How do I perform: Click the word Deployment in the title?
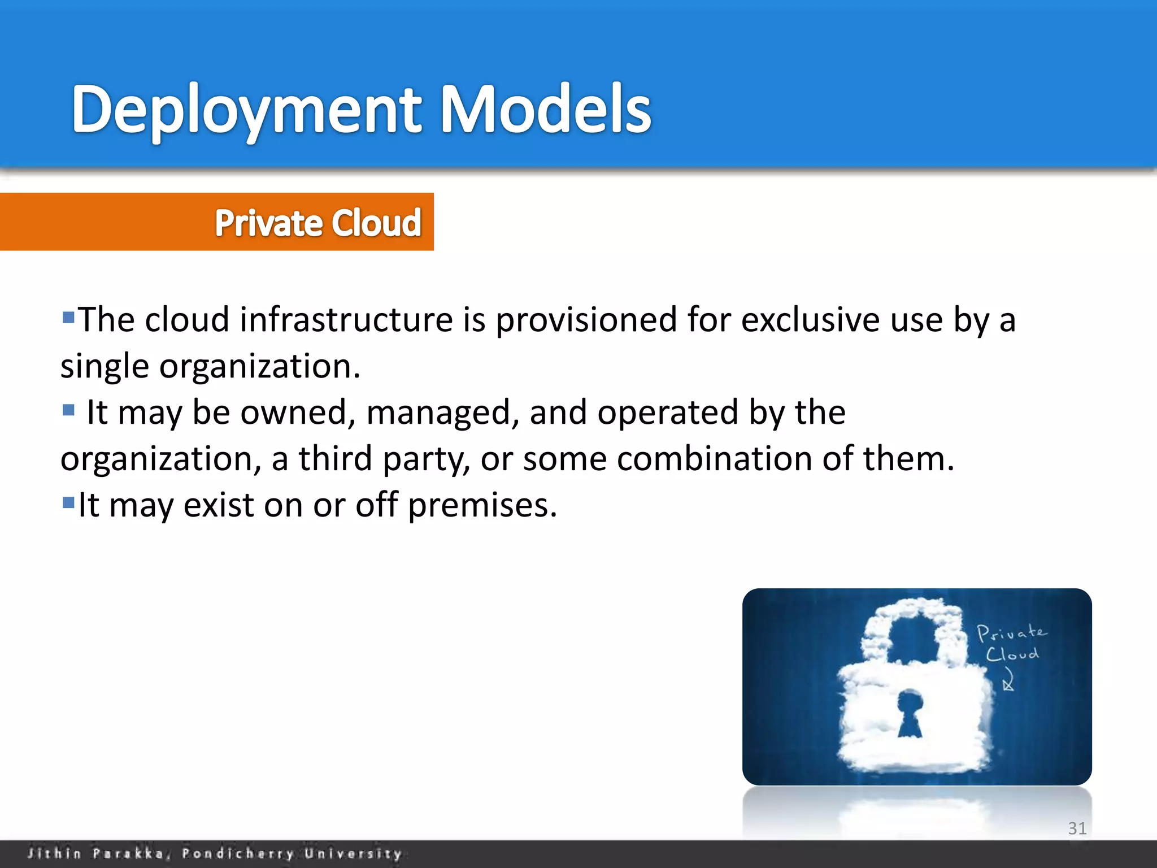(246, 110)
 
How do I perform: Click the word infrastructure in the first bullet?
(346, 320)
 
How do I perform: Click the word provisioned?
(586, 320)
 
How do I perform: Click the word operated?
(667, 413)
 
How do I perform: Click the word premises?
(482, 505)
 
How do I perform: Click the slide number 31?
(1077, 828)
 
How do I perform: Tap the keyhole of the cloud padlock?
(910, 713)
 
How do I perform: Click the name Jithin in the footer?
(54, 853)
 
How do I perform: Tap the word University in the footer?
(353, 853)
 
